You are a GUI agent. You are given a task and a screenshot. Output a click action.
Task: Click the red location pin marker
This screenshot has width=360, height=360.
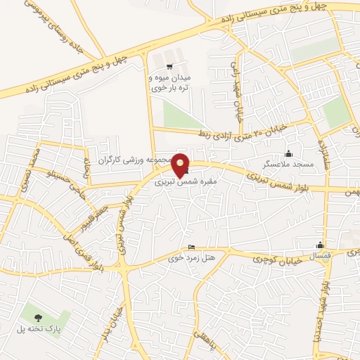coord(181,165)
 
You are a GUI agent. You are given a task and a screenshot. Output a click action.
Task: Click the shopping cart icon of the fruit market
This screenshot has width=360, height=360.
coord(169,67)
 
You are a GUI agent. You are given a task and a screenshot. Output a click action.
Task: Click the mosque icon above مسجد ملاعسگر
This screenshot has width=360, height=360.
coord(288,153)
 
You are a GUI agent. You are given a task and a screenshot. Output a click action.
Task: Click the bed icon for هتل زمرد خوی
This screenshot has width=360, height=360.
coord(193,247)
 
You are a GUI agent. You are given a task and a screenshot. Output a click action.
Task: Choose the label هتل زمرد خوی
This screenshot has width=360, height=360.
coord(191,258)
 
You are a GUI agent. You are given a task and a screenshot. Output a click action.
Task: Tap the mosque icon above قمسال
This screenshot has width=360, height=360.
coord(321,246)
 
